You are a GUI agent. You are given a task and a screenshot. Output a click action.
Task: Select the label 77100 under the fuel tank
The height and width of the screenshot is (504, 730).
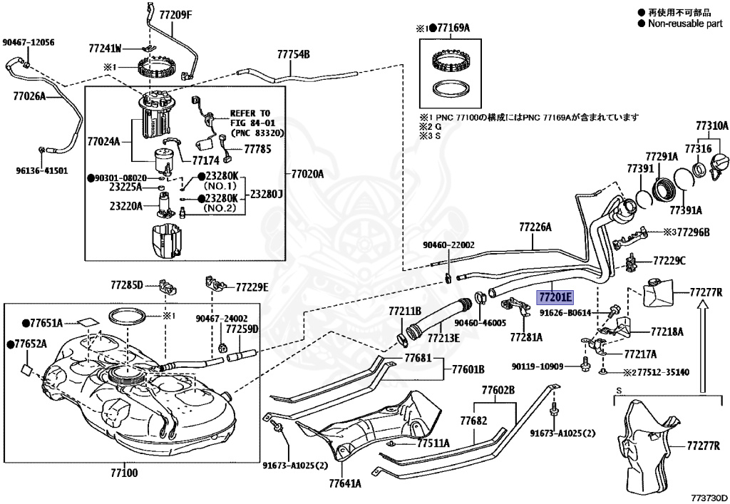tap(125, 473)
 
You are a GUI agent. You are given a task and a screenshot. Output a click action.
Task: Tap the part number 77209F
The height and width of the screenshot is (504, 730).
tap(175, 14)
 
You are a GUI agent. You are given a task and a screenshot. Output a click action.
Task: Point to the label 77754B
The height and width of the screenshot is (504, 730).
tap(293, 54)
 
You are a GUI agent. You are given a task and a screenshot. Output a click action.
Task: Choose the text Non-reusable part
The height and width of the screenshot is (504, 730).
tap(685, 24)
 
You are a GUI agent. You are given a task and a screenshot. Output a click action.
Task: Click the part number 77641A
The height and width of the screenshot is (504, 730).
tap(344, 483)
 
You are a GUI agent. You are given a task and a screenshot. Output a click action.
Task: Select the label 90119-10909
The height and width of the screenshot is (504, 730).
tap(538, 366)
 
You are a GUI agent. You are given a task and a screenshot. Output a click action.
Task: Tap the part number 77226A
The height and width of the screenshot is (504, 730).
tap(535, 227)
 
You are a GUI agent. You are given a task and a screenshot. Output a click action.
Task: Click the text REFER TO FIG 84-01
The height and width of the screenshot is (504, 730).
tap(250, 118)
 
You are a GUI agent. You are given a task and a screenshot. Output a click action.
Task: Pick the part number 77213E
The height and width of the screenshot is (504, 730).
tap(443, 339)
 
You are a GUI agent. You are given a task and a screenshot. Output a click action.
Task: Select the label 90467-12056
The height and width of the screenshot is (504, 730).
tap(28, 43)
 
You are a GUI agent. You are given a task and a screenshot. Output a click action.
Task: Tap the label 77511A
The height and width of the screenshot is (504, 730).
tap(433, 443)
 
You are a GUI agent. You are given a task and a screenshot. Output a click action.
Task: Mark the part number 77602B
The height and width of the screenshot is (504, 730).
tap(498, 390)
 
